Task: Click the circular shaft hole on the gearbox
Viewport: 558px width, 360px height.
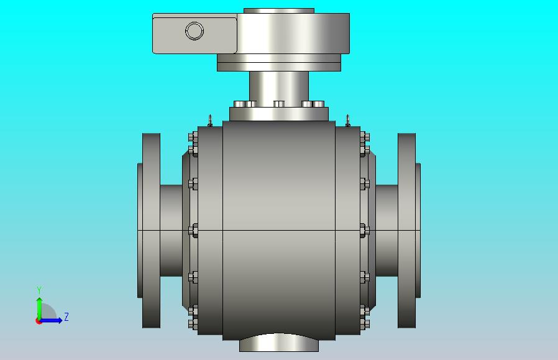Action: pos(194,30)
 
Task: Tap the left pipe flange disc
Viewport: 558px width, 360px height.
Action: pos(151,231)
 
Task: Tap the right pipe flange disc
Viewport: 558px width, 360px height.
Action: pos(406,231)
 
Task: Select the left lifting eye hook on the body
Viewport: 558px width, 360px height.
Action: pos(210,121)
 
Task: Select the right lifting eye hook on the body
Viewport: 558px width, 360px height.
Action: pos(348,121)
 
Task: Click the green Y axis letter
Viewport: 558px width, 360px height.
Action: pos(39,290)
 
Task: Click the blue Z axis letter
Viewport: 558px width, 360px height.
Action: pos(66,316)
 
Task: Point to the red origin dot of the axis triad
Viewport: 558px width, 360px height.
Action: pos(39,321)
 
